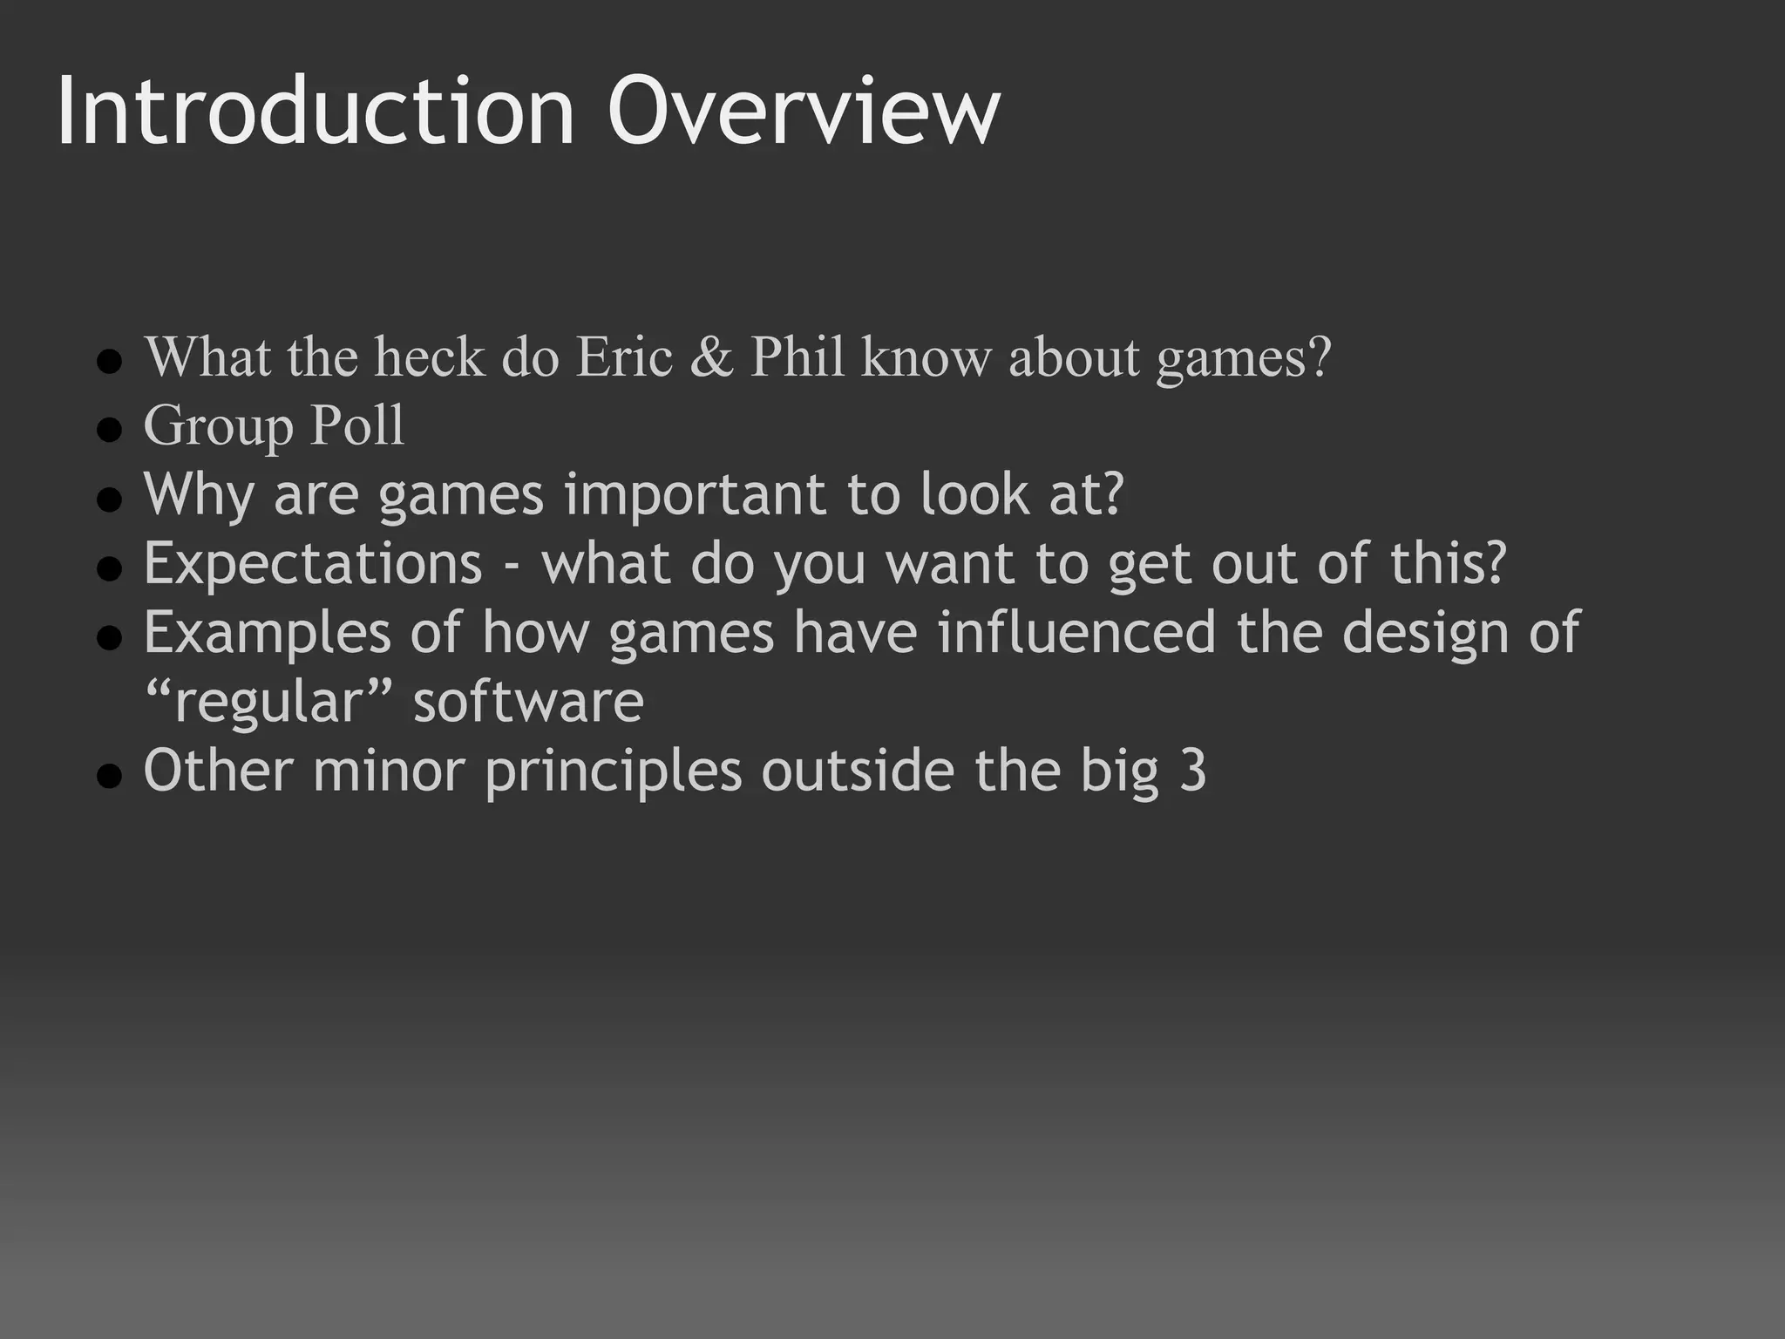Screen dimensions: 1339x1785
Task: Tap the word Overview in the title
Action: (x=804, y=112)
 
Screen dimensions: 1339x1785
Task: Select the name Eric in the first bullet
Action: (x=624, y=357)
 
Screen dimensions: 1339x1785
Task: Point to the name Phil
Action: (x=797, y=357)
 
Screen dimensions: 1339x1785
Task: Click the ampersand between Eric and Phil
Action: (x=711, y=357)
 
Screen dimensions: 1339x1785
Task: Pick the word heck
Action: (x=429, y=357)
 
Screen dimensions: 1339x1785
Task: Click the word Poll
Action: (x=357, y=426)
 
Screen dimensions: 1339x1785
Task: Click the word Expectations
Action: (x=313, y=564)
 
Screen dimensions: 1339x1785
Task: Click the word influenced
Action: (x=1076, y=632)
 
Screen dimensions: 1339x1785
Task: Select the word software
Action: (x=528, y=703)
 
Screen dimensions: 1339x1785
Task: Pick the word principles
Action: (x=613, y=772)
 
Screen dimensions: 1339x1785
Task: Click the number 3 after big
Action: (x=1192, y=771)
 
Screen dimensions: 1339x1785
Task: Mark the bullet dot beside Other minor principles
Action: (x=109, y=775)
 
